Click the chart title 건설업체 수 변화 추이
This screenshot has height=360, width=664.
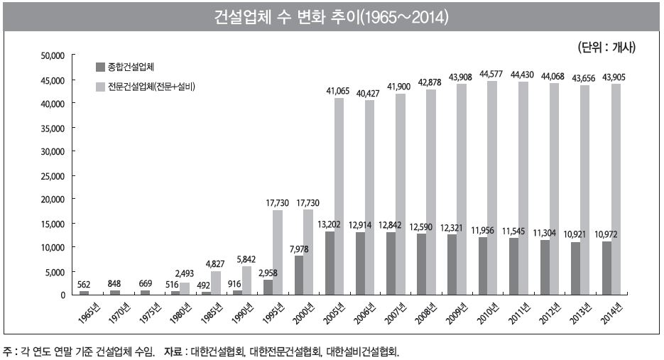[x=331, y=16]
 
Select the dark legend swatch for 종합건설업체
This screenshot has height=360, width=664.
[x=100, y=67]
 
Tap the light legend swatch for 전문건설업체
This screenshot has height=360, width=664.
[x=100, y=87]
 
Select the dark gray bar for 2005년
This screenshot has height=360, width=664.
[x=330, y=263]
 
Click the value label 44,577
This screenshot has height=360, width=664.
[x=491, y=74]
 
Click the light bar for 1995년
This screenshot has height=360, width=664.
[x=278, y=252]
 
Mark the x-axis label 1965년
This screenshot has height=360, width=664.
[x=85, y=312]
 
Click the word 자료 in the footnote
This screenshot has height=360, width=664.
[x=173, y=351]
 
